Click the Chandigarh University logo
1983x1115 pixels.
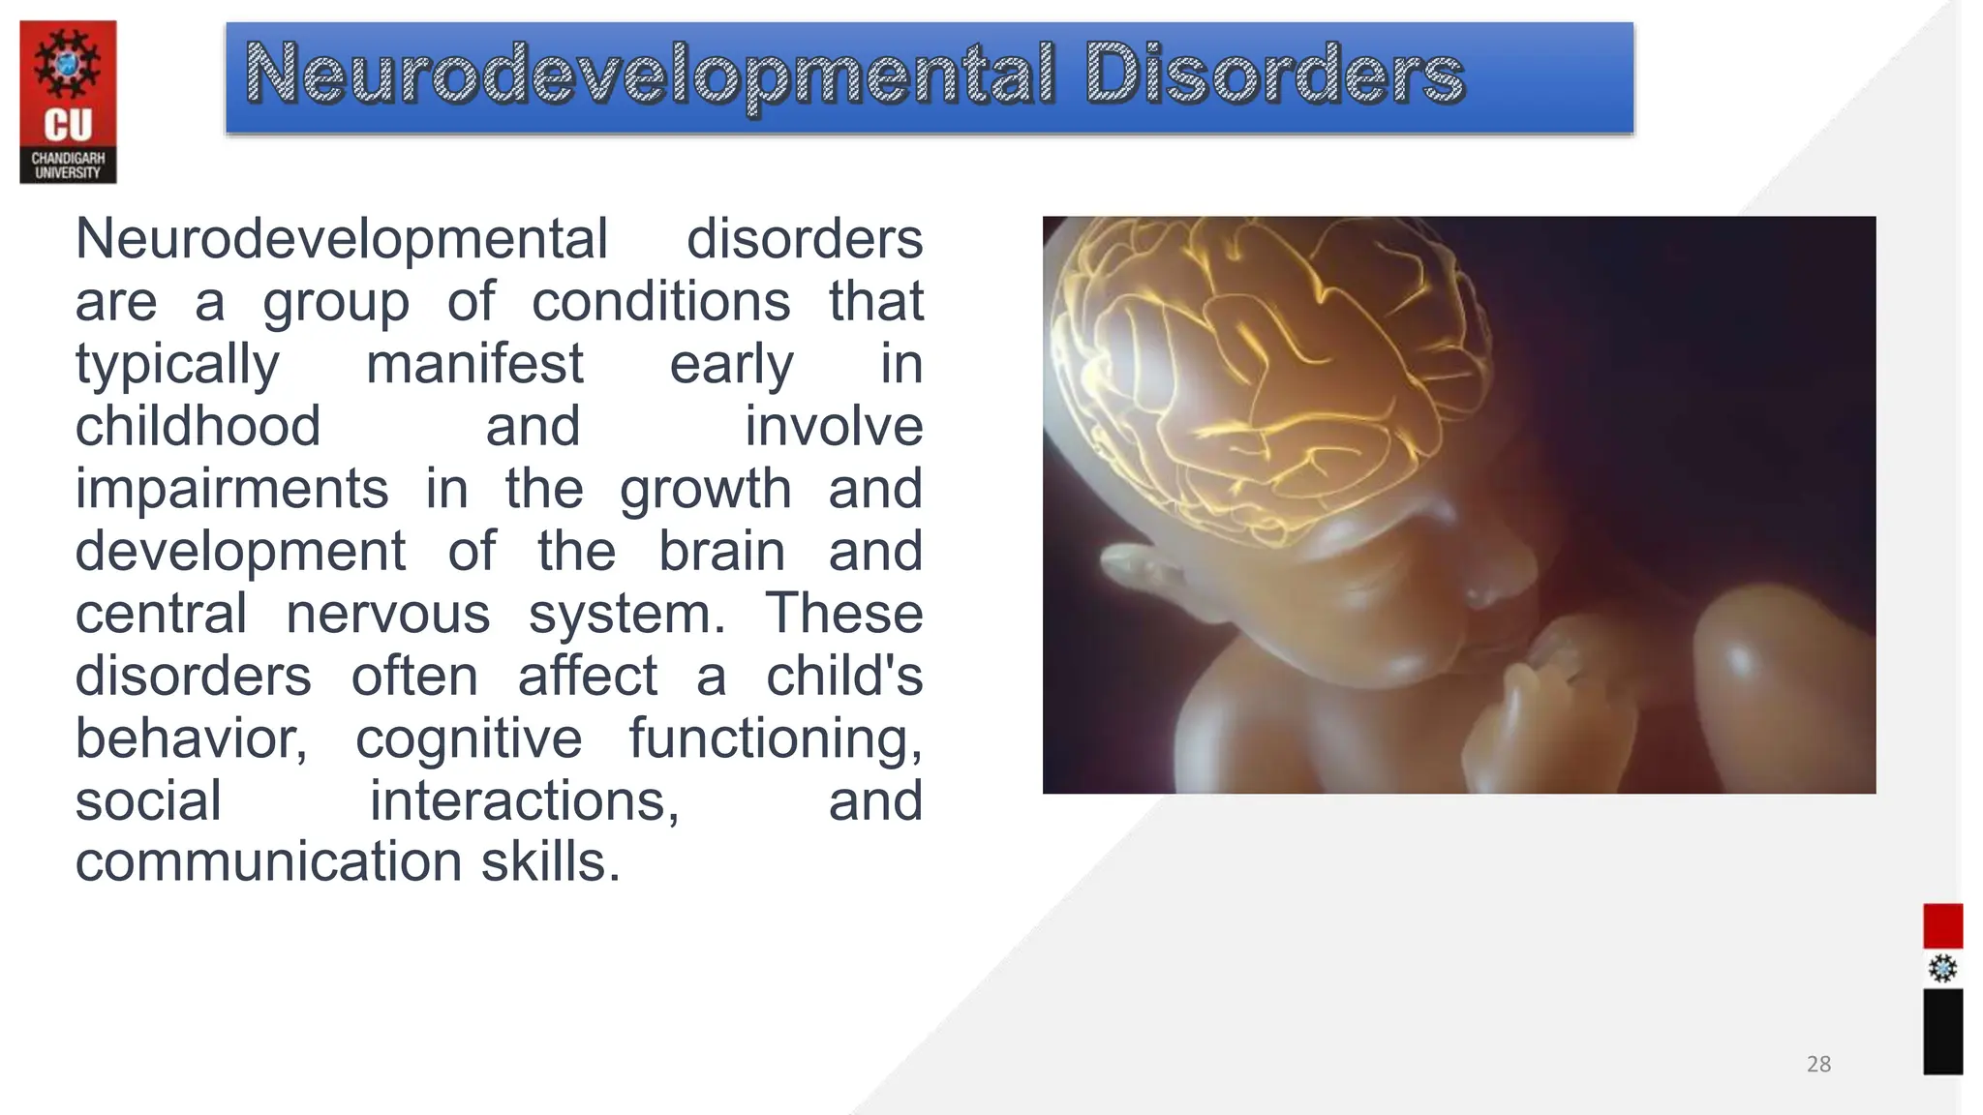tap(68, 102)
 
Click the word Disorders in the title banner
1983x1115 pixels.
tap(1274, 75)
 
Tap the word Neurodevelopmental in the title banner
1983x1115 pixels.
tap(649, 75)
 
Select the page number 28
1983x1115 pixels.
tap(1818, 1065)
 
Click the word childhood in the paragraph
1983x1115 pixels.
tap(198, 427)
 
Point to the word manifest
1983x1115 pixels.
tap(474, 365)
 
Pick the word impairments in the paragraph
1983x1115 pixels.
tap(232, 489)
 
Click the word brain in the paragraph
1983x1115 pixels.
tap(721, 552)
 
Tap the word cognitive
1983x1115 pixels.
tap(469, 738)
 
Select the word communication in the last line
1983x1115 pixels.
tap(269, 861)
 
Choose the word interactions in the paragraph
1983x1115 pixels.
tap(525, 801)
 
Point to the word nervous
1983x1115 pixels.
tap(388, 614)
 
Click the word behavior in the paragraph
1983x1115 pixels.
tap(191, 738)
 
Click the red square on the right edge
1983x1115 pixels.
tap(1942, 926)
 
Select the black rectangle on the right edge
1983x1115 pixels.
tap(1942, 1032)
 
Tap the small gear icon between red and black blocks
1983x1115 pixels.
tap(1942, 969)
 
